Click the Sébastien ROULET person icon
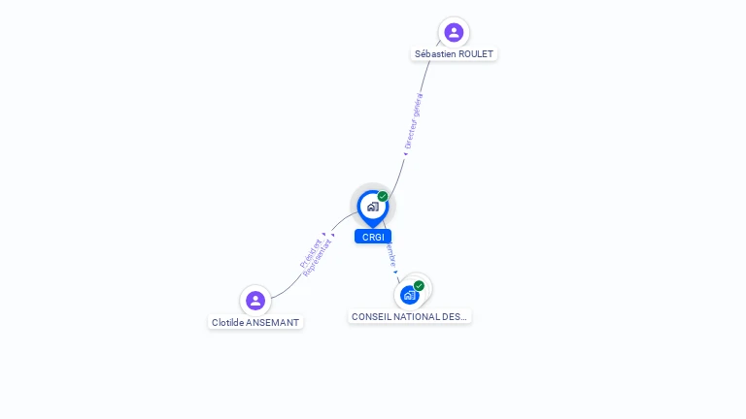(454, 32)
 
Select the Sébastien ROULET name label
(455, 54)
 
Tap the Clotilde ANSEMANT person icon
(255, 300)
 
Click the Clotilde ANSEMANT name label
(255, 322)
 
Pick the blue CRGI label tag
(372, 237)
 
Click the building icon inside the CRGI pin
(372, 206)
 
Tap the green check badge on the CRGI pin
(383, 197)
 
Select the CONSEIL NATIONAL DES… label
(409, 316)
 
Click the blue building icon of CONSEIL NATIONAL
(409, 295)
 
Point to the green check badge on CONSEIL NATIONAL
(419, 286)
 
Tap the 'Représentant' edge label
(319, 259)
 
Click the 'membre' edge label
(390, 254)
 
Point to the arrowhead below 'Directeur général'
(405, 152)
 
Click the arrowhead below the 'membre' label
(396, 272)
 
